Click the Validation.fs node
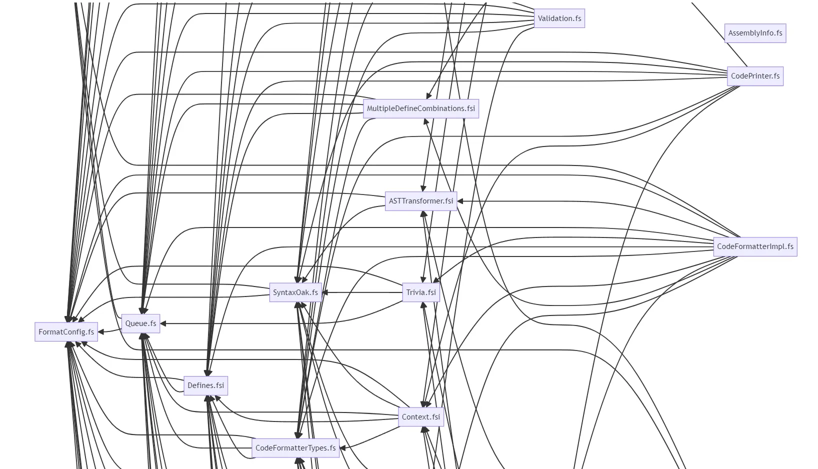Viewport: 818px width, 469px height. pyautogui.click(x=559, y=18)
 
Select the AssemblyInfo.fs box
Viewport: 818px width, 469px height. pyautogui.click(x=755, y=33)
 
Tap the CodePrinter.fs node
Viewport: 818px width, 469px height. pyautogui.click(x=755, y=76)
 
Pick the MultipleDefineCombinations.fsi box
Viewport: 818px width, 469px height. pyautogui.click(x=420, y=108)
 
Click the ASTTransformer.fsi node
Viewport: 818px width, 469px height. pyautogui.click(x=420, y=201)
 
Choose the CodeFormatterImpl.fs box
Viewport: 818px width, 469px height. pyautogui.click(x=755, y=246)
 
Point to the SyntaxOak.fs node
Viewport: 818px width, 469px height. pyautogui.click(x=295, y=292)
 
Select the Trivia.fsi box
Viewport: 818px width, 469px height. pyautogui.click(x=420, y=292)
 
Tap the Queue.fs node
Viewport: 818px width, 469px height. pyautogui.click(x=140, y=323)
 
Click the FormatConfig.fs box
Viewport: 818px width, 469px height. pyautogui.click(x=66, y=331)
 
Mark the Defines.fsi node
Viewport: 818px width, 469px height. pyautogui.click(x=205, y=385)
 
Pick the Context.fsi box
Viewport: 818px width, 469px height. pyautogui.click(x=420, y=417)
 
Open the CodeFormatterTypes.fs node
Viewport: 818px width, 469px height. pyautogui.click(x=295, y=448)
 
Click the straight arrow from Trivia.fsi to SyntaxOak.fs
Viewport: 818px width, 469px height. pyautogui.click(x=362, y=292)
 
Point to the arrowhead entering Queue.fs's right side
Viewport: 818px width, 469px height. pyautogui.click(x=163, y=323)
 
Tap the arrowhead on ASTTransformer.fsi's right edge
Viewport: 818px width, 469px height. pyautogui.click(x=460, y=201)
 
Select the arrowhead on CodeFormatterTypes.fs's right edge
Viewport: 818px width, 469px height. pyautogui.click(x=342, y=447)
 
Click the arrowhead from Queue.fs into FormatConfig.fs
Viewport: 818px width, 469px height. pyautogui.click(x=101, y=331)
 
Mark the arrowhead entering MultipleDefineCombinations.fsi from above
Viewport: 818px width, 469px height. pyautogui.click(x=428, y=96)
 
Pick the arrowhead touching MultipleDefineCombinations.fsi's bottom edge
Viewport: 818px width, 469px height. pyautogui.click(x=426, y=121)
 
